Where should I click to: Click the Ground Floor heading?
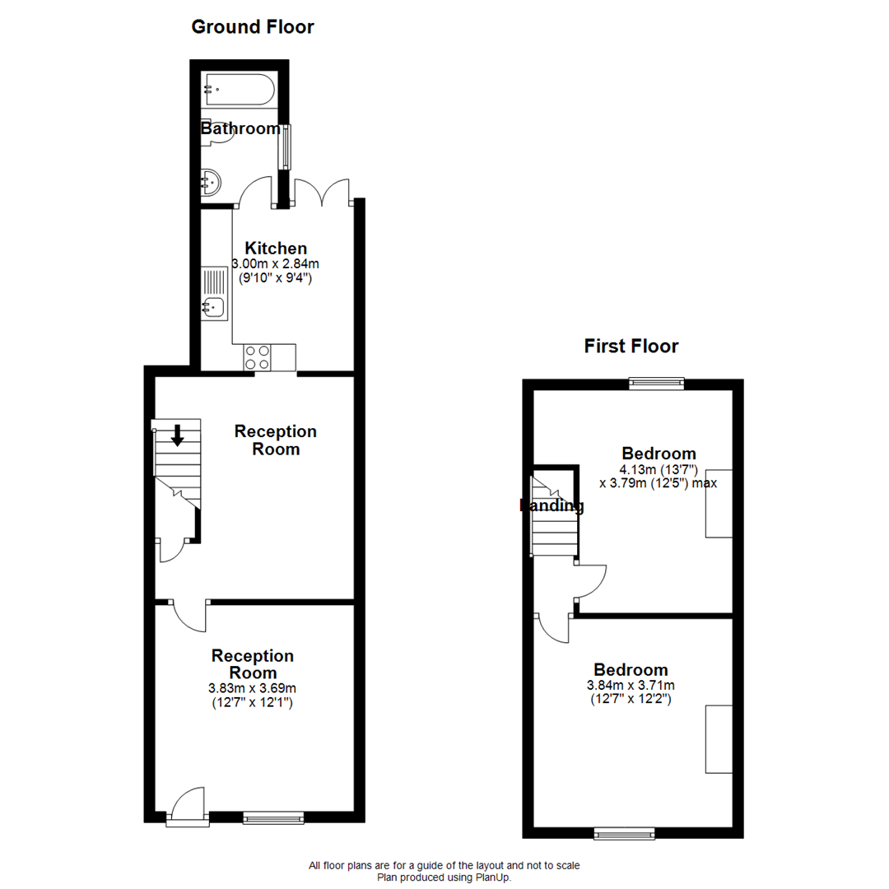[x=252, y=27]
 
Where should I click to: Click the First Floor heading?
[x=631, y=346]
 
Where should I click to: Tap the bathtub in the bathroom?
[x=239, y=90]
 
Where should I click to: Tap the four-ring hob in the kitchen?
[x=257, y=357]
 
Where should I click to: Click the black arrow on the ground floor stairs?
[x=177, y=435]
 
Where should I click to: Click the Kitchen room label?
[x=276, y=248]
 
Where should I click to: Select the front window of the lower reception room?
[x=273, y=817]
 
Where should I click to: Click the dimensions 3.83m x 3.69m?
[x=252, y=689]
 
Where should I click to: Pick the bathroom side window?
[x=285, y=147]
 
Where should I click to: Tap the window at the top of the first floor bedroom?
[x=656, y=382]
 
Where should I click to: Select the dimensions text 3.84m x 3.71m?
[x=631, y=686]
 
